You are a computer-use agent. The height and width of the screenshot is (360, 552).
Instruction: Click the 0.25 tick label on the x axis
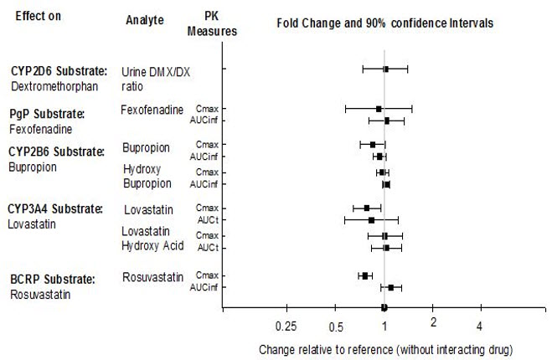point(286,326)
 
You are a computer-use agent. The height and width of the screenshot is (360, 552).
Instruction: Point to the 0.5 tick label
point(337,326)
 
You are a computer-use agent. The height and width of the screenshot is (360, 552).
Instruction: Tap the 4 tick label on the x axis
point(480,326)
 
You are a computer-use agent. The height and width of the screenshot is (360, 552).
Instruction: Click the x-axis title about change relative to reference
point(385,347)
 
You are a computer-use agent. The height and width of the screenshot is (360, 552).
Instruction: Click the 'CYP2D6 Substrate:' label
point(55,71)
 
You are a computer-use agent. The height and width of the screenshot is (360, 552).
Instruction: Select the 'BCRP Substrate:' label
point(52,279)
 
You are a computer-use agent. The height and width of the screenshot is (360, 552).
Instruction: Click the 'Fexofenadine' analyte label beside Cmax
point(152,110)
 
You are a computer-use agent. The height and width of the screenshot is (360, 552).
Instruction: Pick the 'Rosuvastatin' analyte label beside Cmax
point(152,276)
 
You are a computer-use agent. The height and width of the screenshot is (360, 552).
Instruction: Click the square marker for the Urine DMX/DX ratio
point(385,69)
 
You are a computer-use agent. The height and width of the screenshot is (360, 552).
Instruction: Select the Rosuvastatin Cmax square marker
point(365,275)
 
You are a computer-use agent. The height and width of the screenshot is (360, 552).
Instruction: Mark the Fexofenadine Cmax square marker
point(379,109)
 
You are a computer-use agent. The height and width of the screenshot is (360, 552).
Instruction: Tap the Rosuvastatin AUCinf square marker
point(390,288)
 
